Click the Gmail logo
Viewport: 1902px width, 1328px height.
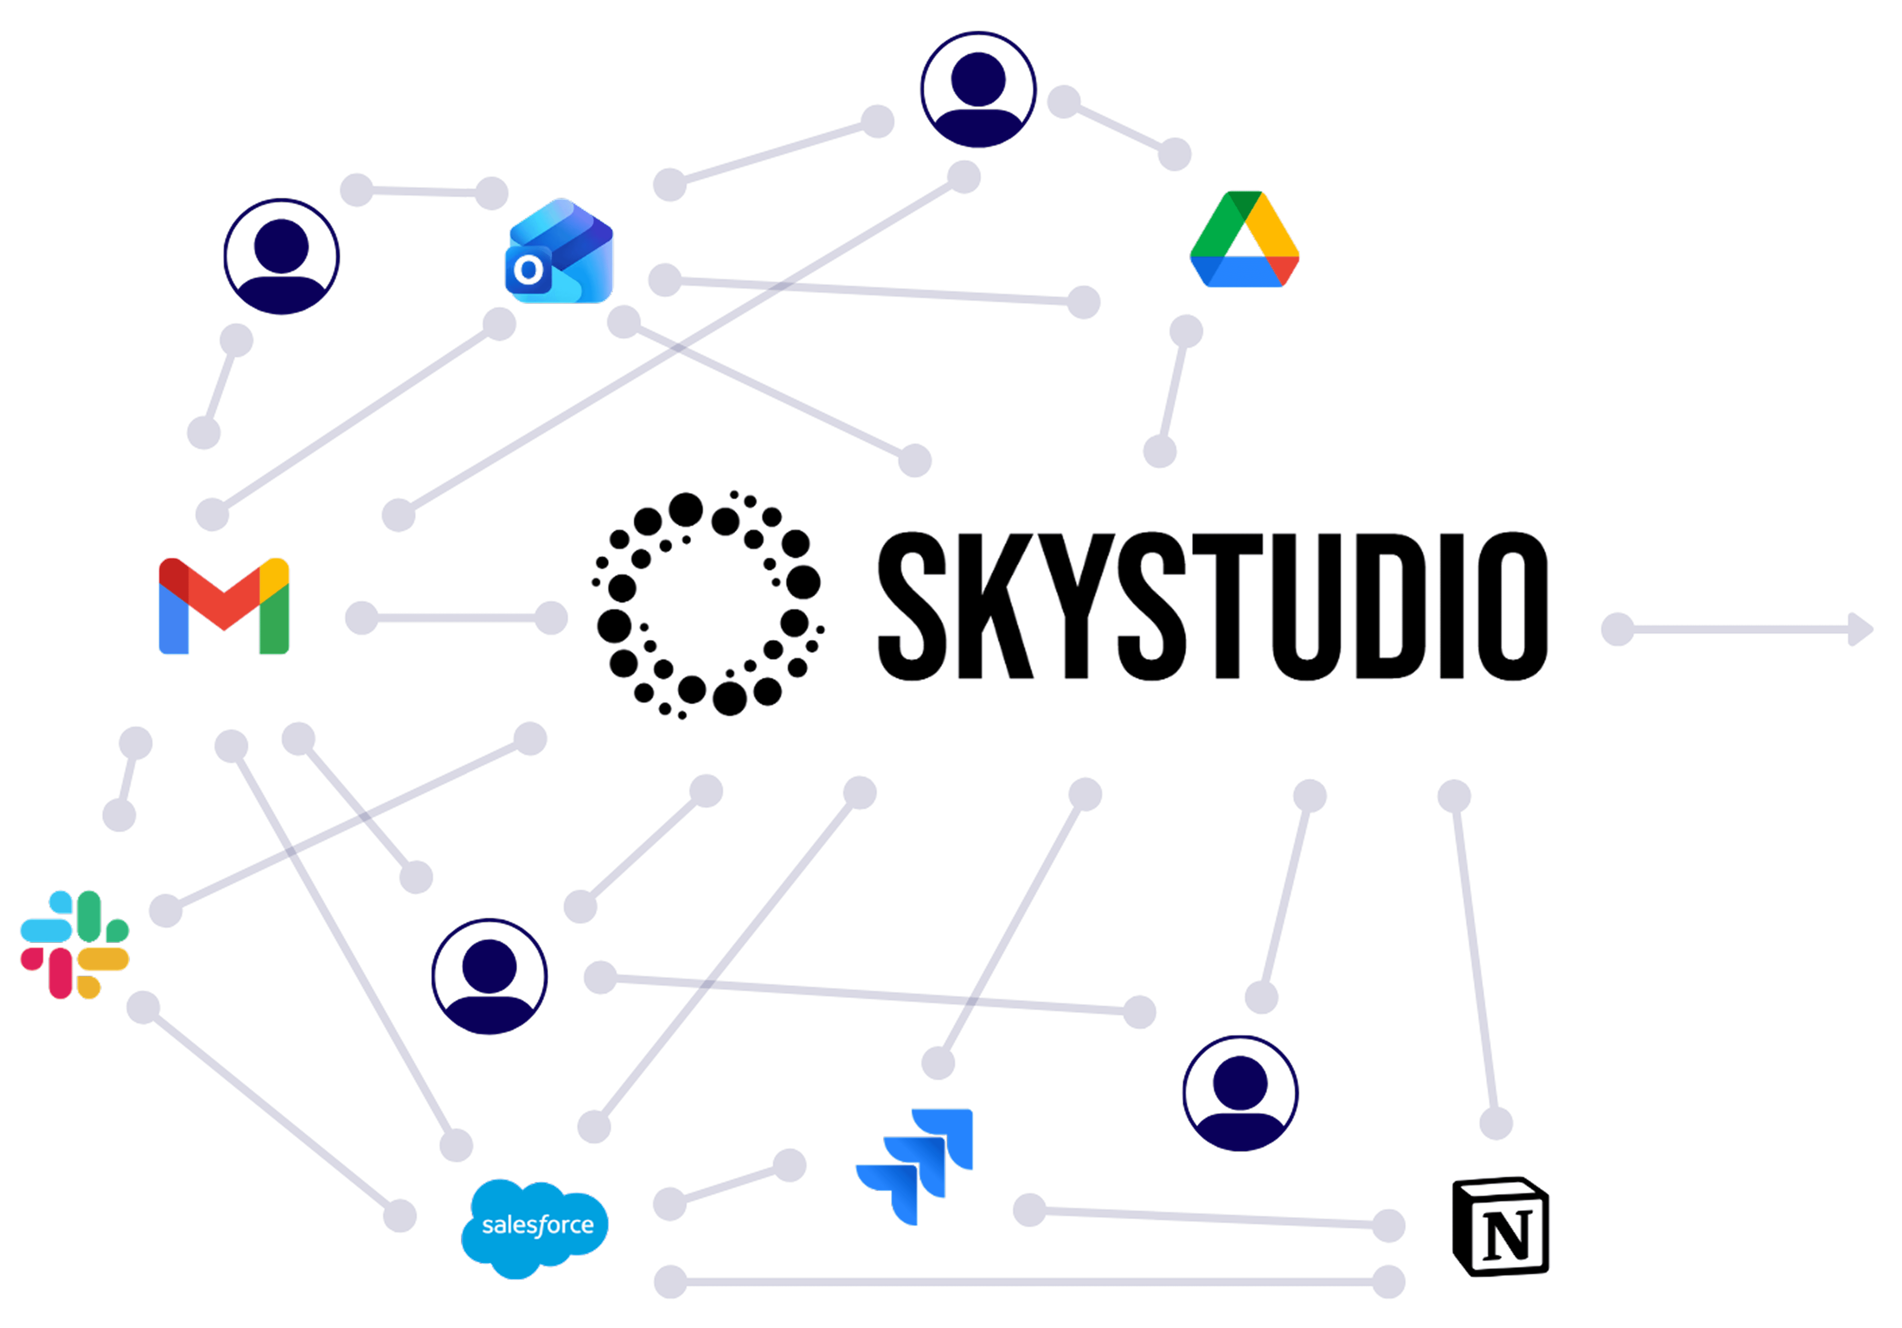point(224,607)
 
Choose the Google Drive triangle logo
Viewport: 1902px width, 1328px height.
point(1244,240)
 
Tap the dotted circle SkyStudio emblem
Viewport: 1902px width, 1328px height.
point(707,604)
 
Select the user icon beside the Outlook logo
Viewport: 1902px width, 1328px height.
point(282,257)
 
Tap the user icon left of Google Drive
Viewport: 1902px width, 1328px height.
point(978,89)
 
